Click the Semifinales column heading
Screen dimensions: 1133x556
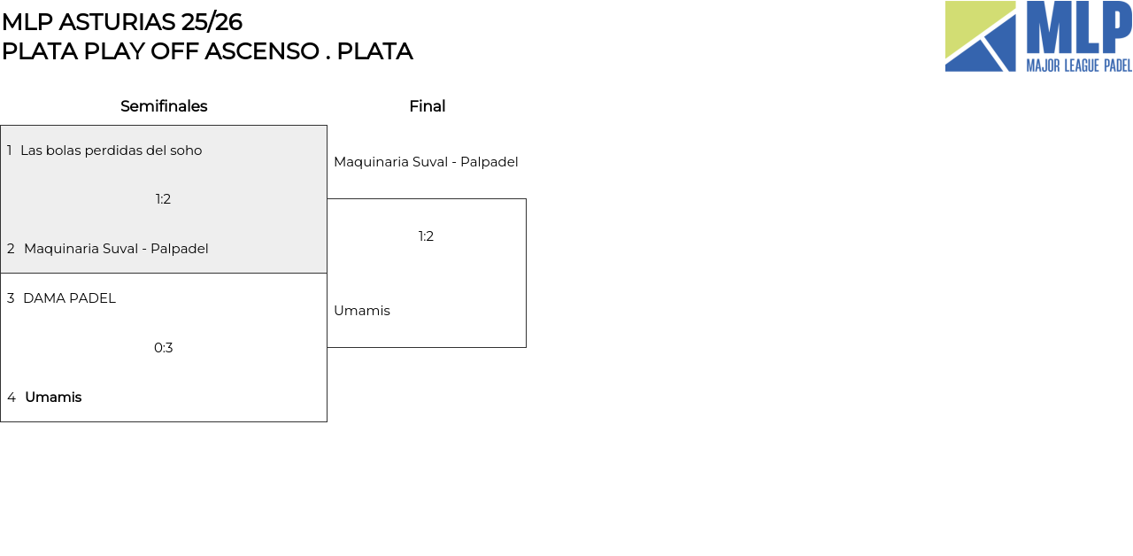pos(164,106)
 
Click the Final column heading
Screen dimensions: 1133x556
pos(428,106)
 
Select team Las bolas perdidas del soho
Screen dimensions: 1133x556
pos(112,151)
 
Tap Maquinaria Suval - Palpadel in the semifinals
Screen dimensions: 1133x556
pos(116,249)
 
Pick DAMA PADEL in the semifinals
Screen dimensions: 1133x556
pos(69,298)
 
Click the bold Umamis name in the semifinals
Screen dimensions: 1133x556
pos(53,398)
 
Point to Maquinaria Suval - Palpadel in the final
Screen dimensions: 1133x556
pos(426,162)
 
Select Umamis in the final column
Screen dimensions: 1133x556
pos(362,311)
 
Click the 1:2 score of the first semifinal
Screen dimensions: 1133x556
pos(163,199)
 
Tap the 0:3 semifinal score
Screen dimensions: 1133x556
pos(164,348)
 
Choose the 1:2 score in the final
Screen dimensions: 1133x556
pos(426,236)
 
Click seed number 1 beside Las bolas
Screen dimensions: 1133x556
pos(9,151)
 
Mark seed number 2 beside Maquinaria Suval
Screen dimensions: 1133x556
pos(11,249)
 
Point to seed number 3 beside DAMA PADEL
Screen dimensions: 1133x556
pos(11,298)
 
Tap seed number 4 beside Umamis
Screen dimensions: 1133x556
pos(12,398)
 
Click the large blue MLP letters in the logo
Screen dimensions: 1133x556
pos(1079,27)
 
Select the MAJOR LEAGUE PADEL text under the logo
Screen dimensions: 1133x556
pos(1079,66)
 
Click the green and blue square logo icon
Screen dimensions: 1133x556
pos(980,36)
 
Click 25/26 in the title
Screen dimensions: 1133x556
pos(212,22)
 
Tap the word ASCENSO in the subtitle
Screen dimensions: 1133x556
pos(261,51)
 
